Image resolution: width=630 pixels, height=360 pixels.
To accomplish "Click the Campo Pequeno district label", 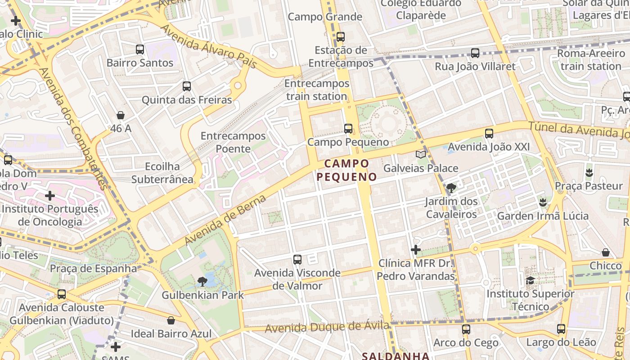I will pos(346,170).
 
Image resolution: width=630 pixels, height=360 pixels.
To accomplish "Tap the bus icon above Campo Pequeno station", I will pos(348,129).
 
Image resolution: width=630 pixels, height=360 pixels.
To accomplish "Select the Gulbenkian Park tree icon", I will pos(202,282).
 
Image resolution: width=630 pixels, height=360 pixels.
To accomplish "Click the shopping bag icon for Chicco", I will pos(606,252).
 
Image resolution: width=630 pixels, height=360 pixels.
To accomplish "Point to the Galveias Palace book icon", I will pos(421,155).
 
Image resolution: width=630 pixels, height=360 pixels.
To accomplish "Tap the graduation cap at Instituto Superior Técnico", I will pos(531,281).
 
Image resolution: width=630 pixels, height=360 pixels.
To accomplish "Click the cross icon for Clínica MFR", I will pos(416,250).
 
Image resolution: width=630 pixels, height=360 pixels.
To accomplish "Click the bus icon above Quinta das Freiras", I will pos(187,86).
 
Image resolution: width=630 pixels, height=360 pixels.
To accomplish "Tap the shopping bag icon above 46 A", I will pos(121,115).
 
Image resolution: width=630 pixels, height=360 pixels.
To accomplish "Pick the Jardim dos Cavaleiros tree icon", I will pos(451,188).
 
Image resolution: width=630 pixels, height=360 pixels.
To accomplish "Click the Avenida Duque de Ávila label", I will pos(327,327).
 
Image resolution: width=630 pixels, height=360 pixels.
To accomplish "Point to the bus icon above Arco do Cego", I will pos(466,329).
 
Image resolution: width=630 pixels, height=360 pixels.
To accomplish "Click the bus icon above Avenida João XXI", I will pos(489,134).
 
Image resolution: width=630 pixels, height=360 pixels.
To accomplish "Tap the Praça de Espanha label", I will pos(93,269).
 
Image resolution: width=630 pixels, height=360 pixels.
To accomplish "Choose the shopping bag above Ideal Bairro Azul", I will pos(171,320).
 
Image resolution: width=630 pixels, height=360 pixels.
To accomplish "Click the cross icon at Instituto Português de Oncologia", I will pos(50,196).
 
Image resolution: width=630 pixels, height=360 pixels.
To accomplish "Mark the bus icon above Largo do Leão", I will pos(561,329).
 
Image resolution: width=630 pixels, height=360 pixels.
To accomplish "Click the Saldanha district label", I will pos(396,356).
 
